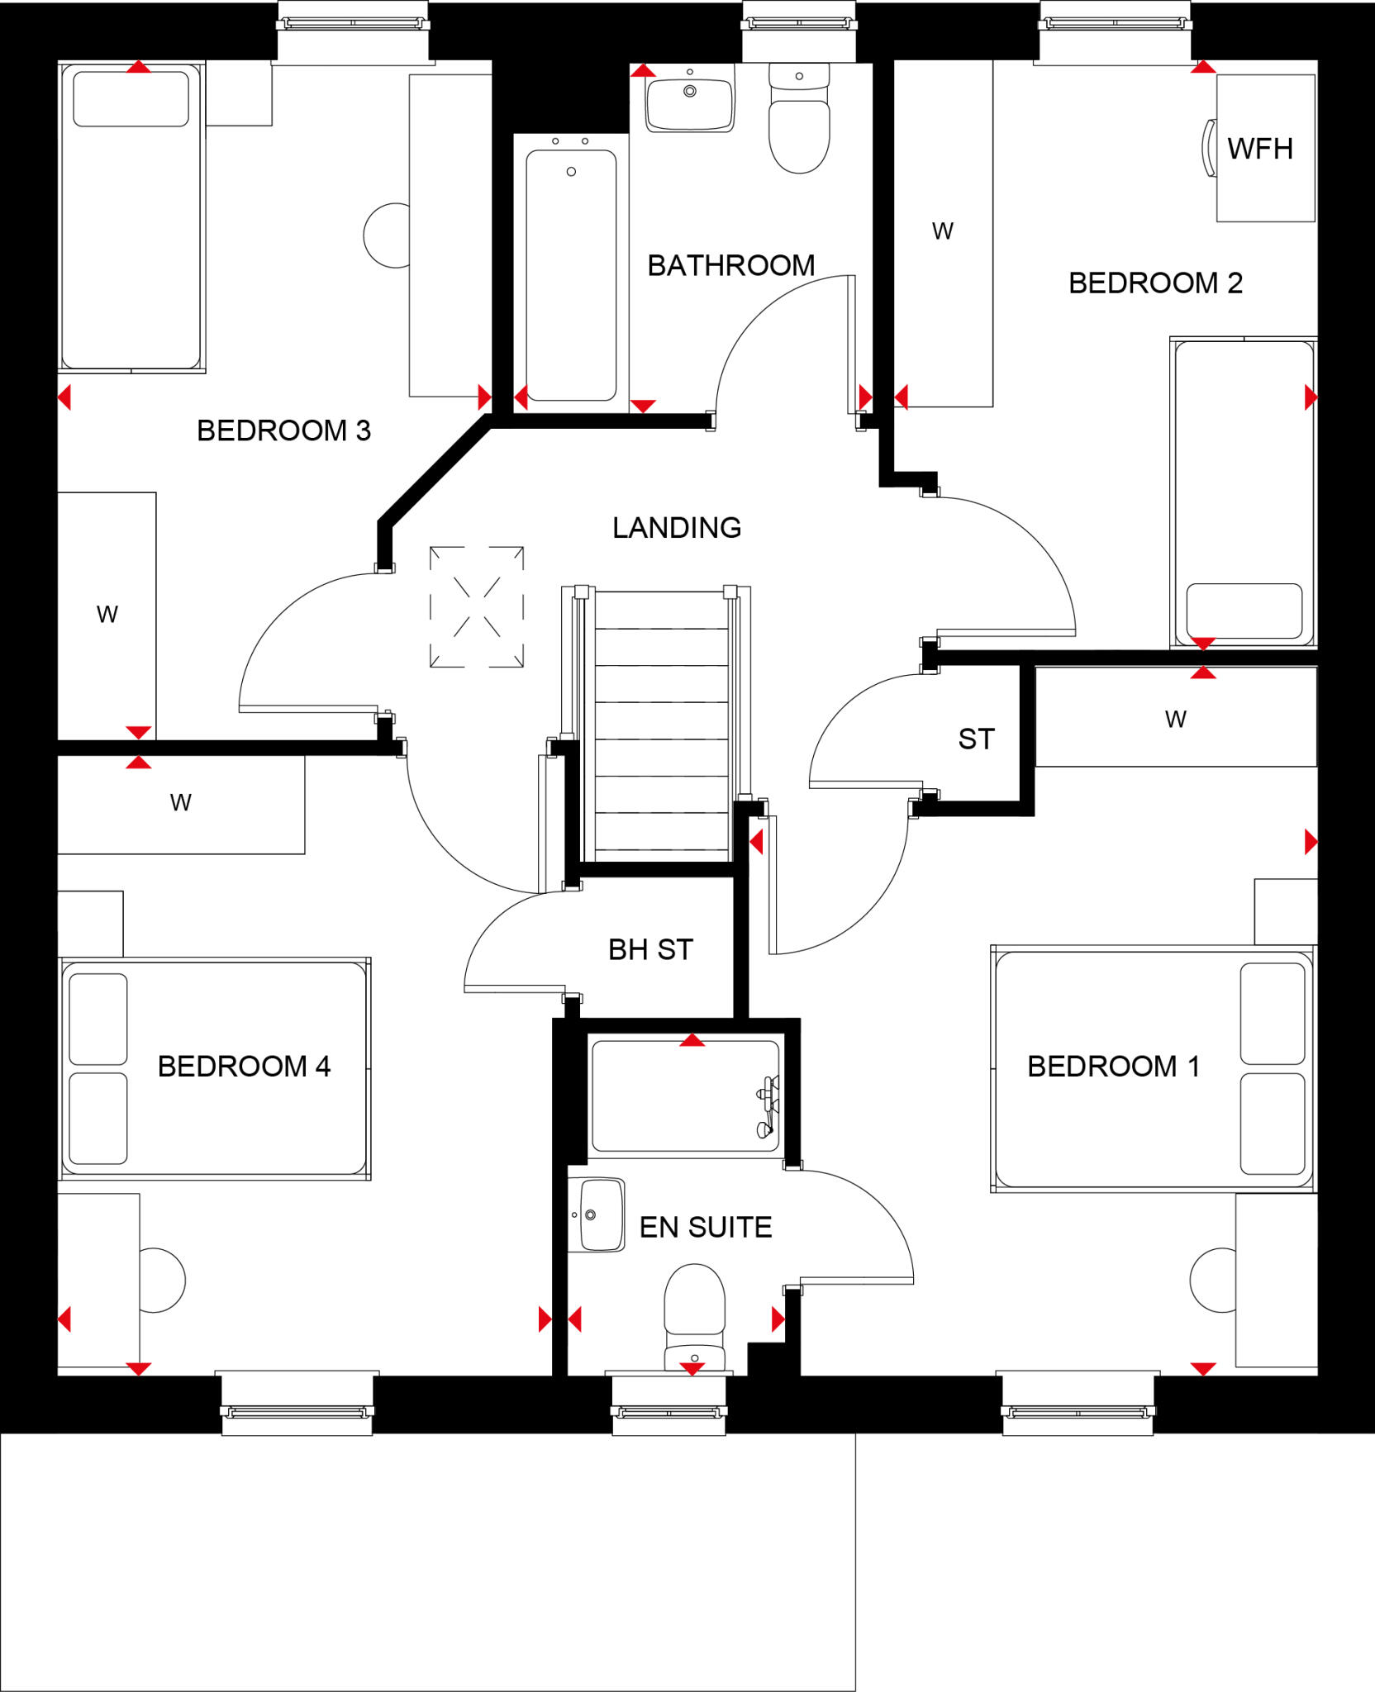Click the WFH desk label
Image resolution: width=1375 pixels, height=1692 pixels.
(1259, 149)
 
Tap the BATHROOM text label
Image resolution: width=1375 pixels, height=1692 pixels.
(730, 265)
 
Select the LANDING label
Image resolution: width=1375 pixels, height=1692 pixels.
(676, 527)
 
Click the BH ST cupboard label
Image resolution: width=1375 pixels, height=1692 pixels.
(650, 949)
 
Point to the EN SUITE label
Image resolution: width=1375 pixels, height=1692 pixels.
(705, 1227)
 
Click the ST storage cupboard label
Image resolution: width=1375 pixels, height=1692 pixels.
(976, 739)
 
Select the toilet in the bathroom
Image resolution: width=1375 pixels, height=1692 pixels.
(799, 124)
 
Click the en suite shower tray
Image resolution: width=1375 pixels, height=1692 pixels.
(684, 1096)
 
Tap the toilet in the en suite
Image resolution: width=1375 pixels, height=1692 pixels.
(694, 1314)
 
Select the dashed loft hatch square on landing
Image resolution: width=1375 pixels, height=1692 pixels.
(477, 606)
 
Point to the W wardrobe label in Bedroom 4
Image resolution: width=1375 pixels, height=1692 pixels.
(180, 802)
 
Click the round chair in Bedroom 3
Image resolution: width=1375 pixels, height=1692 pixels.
(387, 235)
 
